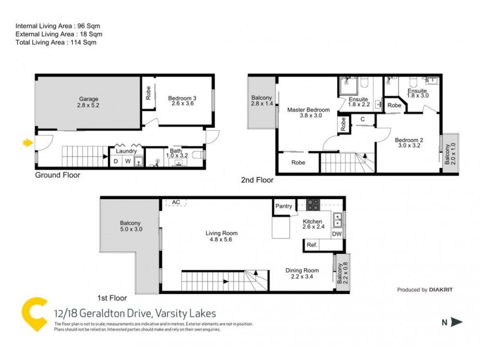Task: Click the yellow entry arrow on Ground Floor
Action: pyautogui.click(x=27, y=143)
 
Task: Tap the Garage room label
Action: pyautogui.click(x=88, y=99)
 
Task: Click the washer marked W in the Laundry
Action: pyautogui.click(x=128, y=161)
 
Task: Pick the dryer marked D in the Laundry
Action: pyautogui.click(x=116, y=161)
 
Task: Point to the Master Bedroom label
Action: pyautogui.click(x=308, y=110)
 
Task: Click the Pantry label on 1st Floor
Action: pyautogui.click(x=284, y=206)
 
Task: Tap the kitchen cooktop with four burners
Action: pyautogui.click(x=313, y=205)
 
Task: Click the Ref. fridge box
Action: pyautogui.click(x=312, y=245)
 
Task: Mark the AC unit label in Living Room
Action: pyautogui.click(x=176, y=202)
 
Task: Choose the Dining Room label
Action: pyautogui.click(x=302, y=271)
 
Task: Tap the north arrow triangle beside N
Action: pyautogui.click(x=457, y=322)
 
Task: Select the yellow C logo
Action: pyautogui.click(x=35, y=314)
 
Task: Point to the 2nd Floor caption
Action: pyautogui.click(x=257, y=179)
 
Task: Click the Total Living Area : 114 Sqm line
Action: pyautogui.click(x=56, y=43)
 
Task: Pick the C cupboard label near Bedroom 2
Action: pyautogui.click(x=362, y=119)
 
